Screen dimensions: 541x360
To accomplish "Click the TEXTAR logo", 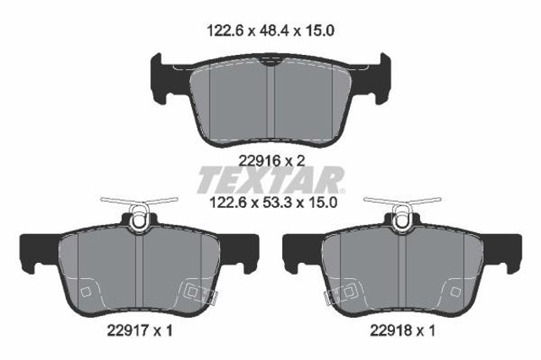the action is [270, 180].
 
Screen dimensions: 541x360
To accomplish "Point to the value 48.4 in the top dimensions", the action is [270, 31].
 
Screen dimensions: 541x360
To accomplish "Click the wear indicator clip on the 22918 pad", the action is [402, 211].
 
